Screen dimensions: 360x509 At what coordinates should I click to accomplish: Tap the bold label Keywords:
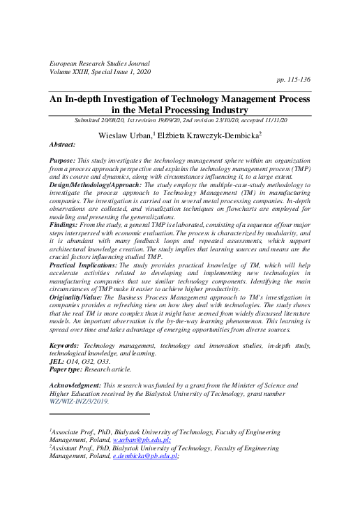pos(68,346)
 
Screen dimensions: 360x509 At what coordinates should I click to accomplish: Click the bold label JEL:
pos(58,362)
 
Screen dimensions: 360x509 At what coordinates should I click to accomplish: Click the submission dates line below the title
pos(180,120)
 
